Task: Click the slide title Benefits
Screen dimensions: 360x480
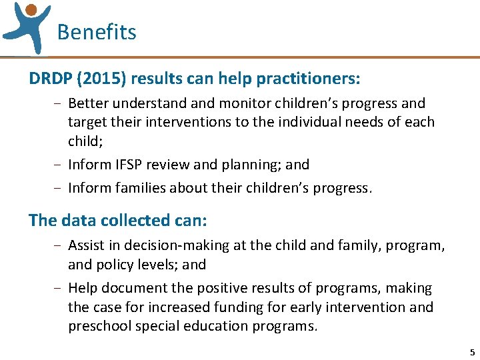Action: (x=97, y=32)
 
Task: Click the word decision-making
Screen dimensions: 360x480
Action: (x=177, y=245)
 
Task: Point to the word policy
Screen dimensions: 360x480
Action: (x=117, y=264)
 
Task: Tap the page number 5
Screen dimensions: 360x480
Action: (x=472, y=352)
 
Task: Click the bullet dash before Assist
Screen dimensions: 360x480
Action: (x=60, y=245)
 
